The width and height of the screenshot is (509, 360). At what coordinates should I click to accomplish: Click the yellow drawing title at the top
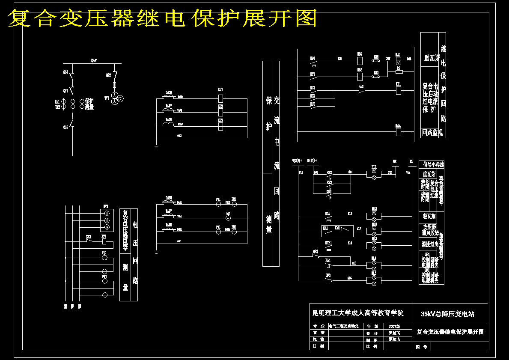[163, 18]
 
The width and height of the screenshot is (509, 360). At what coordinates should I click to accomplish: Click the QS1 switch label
[65, 72]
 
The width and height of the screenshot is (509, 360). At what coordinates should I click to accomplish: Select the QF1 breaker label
[65, 91]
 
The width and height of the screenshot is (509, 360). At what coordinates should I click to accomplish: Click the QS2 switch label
[108, 75]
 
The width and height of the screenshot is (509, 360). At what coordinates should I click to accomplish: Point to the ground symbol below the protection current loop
[157, 147]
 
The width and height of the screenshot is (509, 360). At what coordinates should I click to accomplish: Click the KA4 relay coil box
[398, 132]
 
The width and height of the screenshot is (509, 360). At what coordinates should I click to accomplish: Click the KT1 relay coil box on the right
[398, 90]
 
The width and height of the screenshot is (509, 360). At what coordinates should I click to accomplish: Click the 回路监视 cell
[432, 133]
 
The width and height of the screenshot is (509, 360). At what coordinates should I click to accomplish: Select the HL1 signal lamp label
[374, 167]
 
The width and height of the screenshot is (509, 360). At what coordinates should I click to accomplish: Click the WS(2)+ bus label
[297, 161]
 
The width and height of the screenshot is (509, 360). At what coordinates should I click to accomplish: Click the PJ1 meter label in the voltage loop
[104, 253]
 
